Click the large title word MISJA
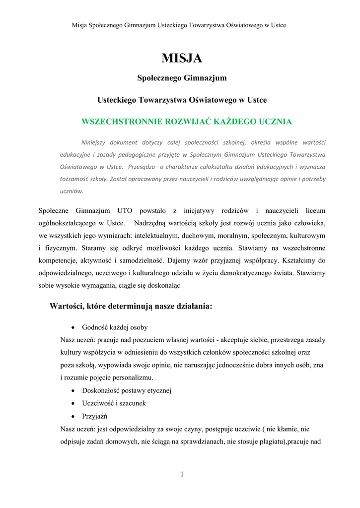[x=182, y=59]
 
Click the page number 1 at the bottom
[x=182, y=475]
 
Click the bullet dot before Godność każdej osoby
[x=73, y=328]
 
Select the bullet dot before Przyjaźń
[x=73, y=416]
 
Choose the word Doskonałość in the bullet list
[x=102, y=390]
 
